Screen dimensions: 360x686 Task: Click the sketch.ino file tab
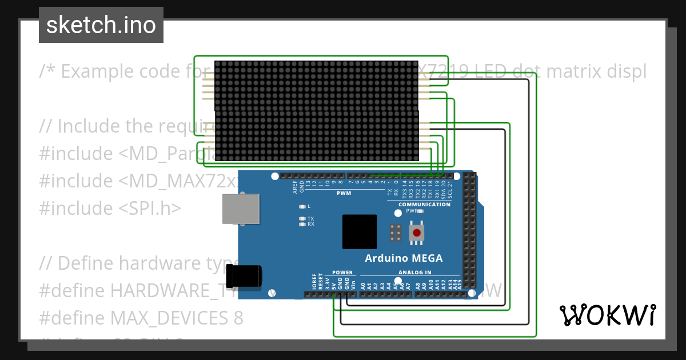tap(101, 25)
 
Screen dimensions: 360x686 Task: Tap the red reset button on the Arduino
tap(417, 233)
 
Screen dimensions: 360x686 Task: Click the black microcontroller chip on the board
tap(360, 231)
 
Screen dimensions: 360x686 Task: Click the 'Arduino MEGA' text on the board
tap(404, 258)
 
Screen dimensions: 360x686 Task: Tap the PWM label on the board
tap(344, 193)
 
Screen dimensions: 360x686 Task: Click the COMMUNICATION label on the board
tap(424, 205)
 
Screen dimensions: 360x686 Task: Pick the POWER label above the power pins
tap(343, 273)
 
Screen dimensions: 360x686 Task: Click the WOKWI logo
tap(607, 315)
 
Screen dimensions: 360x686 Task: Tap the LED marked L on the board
tap(302, 206)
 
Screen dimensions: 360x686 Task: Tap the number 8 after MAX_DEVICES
tap(238, 318)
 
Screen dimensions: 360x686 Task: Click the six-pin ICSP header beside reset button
tap(394, 233)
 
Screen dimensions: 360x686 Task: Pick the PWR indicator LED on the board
tap(420, 211)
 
